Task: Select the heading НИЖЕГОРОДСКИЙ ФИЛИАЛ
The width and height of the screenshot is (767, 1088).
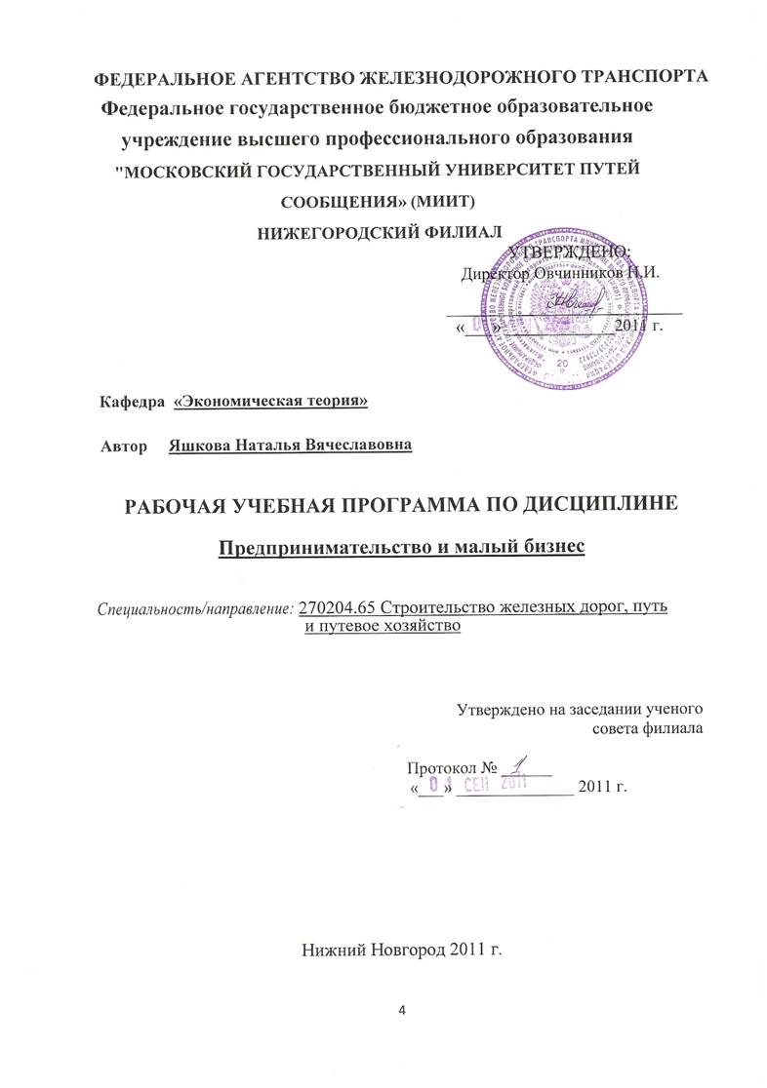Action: (x=379, y=231)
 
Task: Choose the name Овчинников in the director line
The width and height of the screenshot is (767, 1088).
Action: (x=577, y=274)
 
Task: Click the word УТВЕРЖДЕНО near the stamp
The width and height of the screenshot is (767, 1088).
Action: (x=571, y=252)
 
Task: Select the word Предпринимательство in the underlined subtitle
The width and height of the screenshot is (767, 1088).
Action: (x=311, y=548)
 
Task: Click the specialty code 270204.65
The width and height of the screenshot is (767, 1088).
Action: (x=338, y=607)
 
